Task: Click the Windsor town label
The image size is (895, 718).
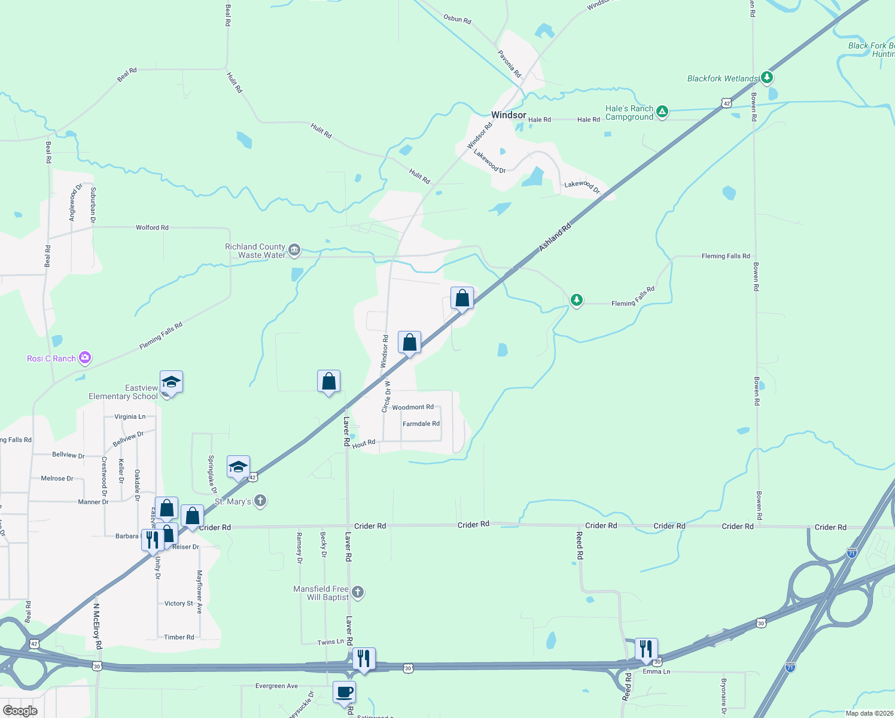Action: (x=509, y=115)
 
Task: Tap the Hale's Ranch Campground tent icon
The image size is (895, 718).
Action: (x=662, y=112)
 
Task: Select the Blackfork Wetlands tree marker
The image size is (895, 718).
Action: (x=766, y=78)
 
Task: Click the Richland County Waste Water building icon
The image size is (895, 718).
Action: (x=294, y=250)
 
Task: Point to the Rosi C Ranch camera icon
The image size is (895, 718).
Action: (x=84, y=358)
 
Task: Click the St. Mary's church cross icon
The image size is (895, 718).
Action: (x=260, y=501)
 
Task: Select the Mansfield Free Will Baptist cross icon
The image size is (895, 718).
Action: (x=357, y=592)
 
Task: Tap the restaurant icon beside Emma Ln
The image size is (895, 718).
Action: (x=646, y=649)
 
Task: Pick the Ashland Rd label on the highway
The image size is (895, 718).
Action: (x=555, y=237)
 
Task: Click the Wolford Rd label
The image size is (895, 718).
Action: (x=152, y=227)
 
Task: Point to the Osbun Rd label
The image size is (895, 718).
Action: (x=457, y=19)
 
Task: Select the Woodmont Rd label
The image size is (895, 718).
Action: (x=413, y=407)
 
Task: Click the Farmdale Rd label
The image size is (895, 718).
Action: (x=421, y=424)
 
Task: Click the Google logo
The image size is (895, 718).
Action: (x=20, y=711)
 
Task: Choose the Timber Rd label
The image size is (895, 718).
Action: (x=179, y=637)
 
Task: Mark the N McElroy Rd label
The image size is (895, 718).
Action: (x=97, y=626)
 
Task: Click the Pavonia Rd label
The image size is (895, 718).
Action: (x=510, y=63)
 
